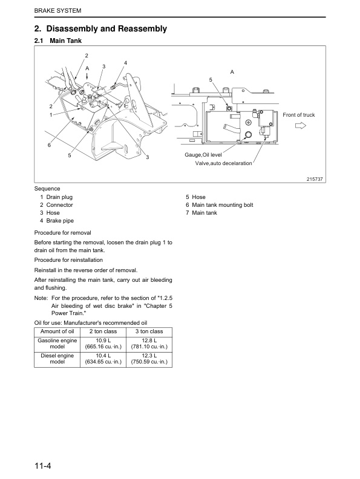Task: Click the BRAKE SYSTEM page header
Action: click(56, 11)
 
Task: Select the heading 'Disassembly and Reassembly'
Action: click(100, 29)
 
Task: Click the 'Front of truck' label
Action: click(299, 115)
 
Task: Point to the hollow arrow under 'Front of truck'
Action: click(301, 126)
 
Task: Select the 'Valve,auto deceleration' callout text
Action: click(223, 163)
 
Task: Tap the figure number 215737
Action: click(316, 180)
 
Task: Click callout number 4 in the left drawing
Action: click(125, 63)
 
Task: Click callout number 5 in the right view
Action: click(211, 80)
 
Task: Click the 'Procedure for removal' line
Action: click(64, 233)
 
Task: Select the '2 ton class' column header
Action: click(104, 331)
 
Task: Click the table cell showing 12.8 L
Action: click(149, 343)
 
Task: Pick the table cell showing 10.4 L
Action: click(104, 357)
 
